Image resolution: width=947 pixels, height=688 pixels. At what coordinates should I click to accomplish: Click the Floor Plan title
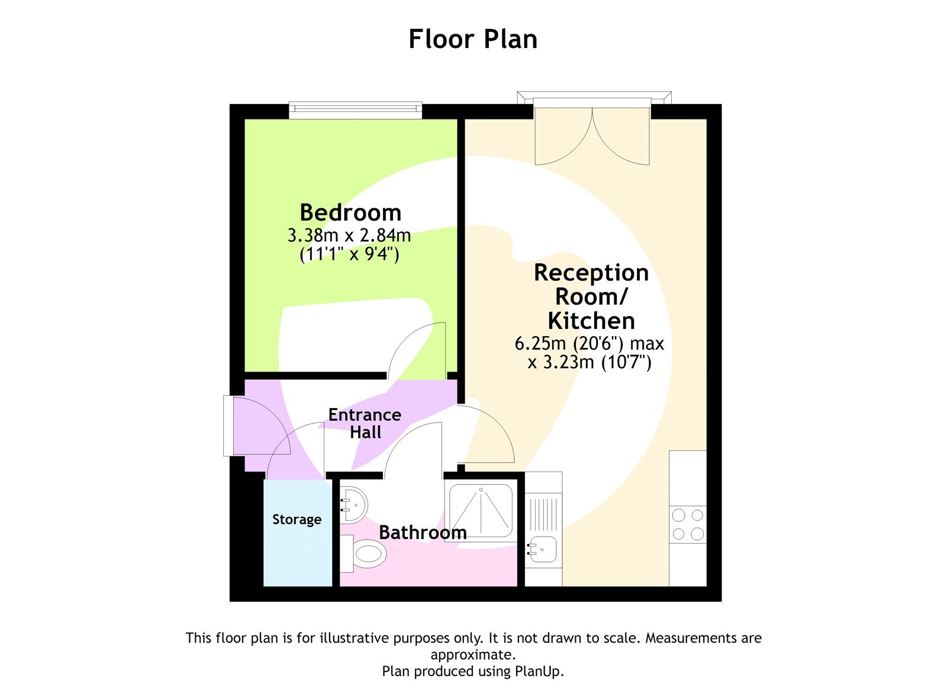click(473, 39)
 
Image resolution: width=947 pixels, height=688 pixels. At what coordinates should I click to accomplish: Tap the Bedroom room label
click(350, 212)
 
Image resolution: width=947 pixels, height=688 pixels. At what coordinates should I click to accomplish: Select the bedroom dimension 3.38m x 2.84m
click(349, 235)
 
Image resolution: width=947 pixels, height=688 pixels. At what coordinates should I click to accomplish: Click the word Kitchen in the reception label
click(591, 321)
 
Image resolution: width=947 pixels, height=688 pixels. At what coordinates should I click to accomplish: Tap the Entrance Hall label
click(365, 423)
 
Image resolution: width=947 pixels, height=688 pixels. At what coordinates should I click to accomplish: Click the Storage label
click(297, 519)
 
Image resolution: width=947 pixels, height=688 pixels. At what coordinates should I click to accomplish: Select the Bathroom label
click(423, 532)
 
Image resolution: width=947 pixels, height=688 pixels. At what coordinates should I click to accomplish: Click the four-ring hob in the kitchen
click(688, 525)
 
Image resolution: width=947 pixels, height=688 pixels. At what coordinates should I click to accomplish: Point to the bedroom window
click(355, 111)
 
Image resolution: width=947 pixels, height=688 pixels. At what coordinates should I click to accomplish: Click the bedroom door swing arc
click(417, 349)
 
